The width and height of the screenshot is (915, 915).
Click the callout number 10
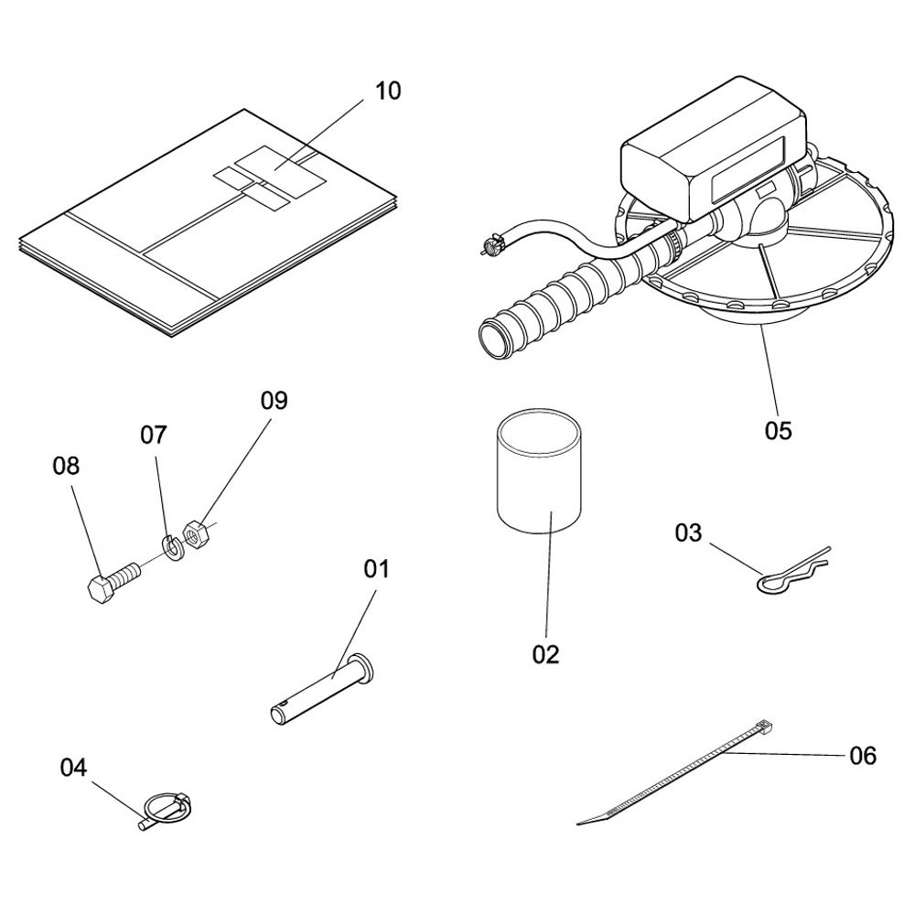tap(388, 91)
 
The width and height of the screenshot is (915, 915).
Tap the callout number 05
tap(779, 431)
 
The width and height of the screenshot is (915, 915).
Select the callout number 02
tap(545, 655)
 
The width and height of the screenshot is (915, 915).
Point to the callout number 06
tap(863, 756)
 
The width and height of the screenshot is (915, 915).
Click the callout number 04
tap(73, 768)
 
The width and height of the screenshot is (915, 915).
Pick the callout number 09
tap(274, 401)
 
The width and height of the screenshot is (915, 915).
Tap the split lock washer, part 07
tap(172, 547)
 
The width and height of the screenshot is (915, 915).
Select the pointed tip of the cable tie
tap(578, 823)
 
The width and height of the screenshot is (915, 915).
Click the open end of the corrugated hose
tap(494, 339)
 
